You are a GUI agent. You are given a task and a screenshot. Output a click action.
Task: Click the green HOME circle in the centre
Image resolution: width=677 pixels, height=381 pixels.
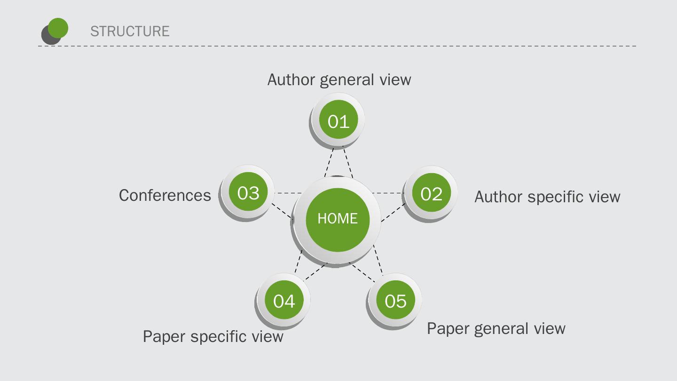tap(337, 219)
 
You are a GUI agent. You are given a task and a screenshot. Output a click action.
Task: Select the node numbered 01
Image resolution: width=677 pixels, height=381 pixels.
tap(338, 120)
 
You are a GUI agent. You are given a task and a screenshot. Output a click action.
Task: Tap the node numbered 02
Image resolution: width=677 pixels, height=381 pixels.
tap(431, 193)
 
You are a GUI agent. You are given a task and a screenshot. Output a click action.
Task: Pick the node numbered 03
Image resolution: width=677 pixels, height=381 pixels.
tap(248, 192)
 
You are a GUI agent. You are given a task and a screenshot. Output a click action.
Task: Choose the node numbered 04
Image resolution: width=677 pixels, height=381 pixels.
tap(284, 300)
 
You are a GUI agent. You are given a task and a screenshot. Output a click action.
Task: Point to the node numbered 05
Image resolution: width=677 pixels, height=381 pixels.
tap(395, 300)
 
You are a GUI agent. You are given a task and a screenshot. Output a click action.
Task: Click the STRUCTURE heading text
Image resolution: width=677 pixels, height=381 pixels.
tap(130, 31)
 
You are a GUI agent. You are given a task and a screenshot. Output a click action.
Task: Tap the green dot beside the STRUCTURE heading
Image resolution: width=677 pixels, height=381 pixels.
tap(58, 28)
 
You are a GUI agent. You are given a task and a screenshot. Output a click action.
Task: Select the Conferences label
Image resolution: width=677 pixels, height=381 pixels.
tap(165, 195)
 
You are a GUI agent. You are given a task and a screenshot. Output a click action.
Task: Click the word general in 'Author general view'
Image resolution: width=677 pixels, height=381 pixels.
tap(347, 80)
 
